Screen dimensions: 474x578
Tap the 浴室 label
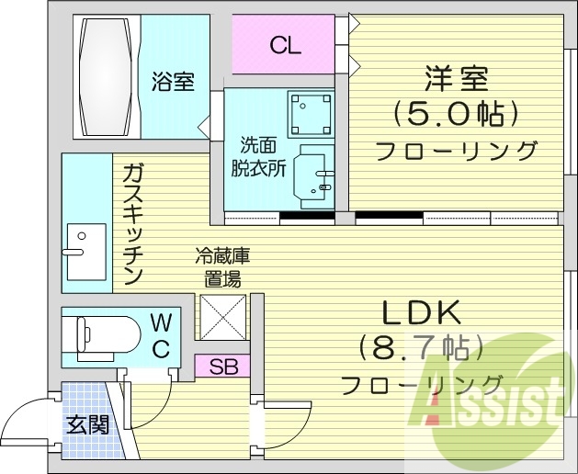(173, 81)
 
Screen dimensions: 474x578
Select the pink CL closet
(285, 45)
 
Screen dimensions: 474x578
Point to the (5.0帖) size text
(455, 114)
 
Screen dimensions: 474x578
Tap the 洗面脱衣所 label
(258, 156)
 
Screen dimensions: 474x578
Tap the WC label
(161, 334)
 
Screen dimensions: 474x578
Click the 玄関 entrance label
(87, 424)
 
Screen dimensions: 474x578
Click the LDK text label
(420, 313)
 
